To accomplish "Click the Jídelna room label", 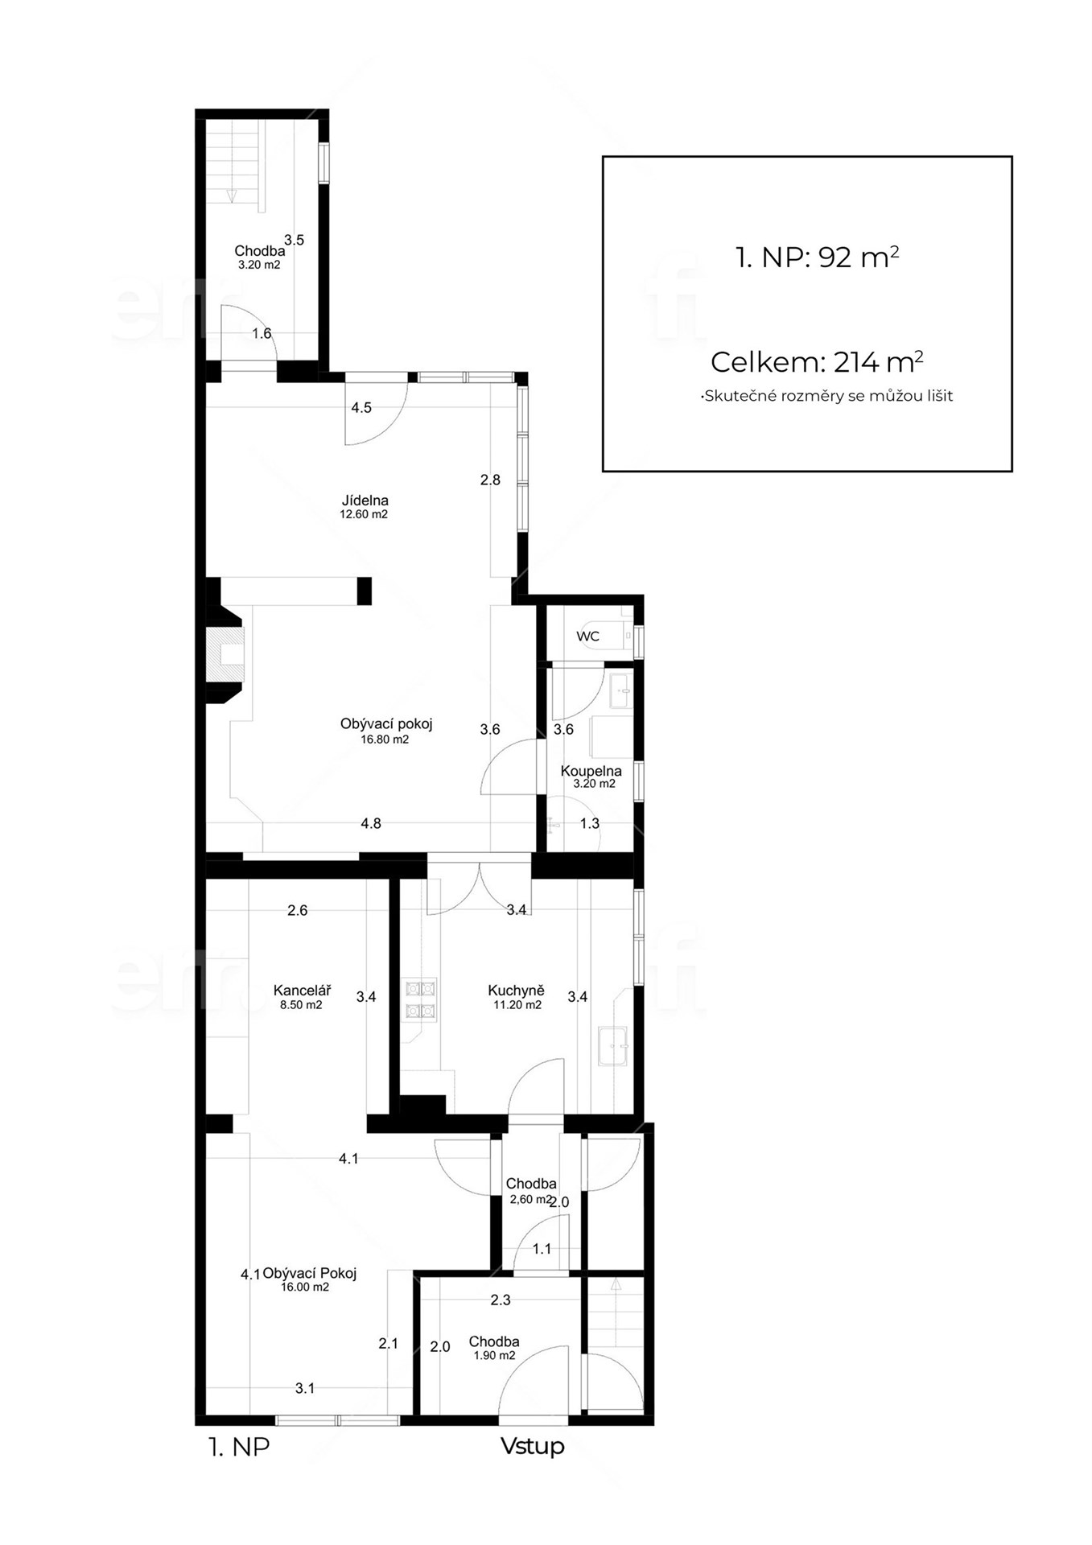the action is (365, 501).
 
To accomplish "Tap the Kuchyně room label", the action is (517, 991).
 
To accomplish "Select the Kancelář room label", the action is (302, 991).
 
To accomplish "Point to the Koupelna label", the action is (591, 771).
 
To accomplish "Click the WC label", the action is (588, 637).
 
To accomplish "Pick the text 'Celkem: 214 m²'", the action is (817, 362).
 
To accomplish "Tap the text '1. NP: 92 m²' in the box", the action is (817, 257).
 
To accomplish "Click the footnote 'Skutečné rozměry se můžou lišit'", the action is (827, 396).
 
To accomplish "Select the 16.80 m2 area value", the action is (385, 740).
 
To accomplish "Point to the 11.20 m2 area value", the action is (517, 1004).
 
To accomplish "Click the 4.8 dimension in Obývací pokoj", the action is (371, 823).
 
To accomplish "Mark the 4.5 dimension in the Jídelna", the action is (361, 408).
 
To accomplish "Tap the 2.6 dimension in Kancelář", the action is (298, 910).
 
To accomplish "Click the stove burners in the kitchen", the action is (419, 1000).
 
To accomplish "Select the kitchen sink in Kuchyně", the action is (614, 1046).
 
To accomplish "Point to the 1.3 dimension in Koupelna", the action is (590, 823).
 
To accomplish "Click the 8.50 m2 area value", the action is (301, 1004).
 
